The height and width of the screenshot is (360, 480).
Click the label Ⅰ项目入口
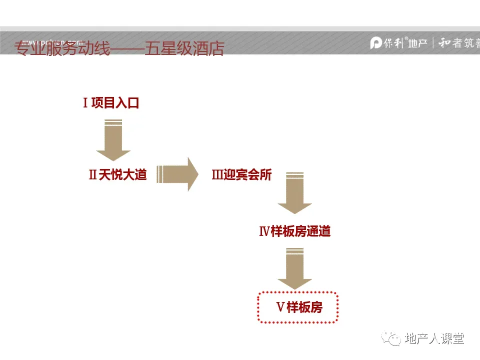coord(110,103)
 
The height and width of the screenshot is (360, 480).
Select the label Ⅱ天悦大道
coord(118,175)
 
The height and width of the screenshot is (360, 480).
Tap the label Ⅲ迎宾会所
coord(242,175)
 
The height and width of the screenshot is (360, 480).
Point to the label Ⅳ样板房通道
coord(294,231)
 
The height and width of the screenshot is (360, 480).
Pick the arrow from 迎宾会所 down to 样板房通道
coord(295,193)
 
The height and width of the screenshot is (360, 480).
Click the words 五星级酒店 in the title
coord(184,48)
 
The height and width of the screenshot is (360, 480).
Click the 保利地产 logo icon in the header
coord(376,43)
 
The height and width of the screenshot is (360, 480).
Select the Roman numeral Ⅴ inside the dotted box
coord(280,307)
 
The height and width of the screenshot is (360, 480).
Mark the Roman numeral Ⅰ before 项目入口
coord(85,103)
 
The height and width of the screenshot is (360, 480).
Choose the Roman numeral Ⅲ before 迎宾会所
coord(217,175)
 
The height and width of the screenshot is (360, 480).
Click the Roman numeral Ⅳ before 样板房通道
coord(264,231)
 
